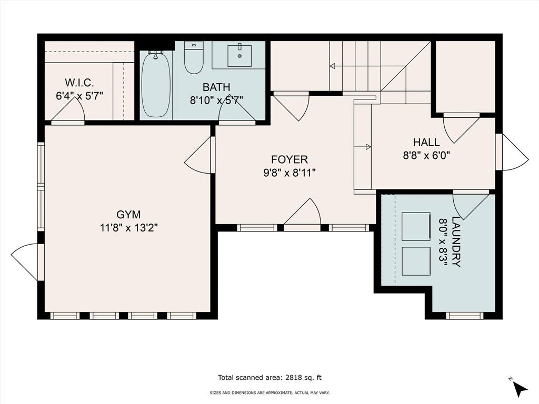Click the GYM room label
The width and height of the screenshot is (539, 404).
coord(128,215)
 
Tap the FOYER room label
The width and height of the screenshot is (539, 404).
coord(290,159)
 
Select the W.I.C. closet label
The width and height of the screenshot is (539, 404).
coord(79,83)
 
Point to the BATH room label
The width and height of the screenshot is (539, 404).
coord(216,87)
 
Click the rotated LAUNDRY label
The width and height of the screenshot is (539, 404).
coord(456,241)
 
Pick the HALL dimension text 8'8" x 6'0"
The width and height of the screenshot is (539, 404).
coord(426,156)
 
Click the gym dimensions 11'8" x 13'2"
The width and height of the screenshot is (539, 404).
coord(128,228)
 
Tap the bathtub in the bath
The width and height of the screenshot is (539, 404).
coord(156,84)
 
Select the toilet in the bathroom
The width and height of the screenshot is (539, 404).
coord(194,57)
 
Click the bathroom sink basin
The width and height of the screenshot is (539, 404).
coord(239,56)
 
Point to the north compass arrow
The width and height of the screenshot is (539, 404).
coord(520,388)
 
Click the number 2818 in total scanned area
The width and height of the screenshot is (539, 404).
coord(294,378)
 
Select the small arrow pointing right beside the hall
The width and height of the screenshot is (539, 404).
coord(362,147)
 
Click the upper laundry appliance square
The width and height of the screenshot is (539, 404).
coord(416,226)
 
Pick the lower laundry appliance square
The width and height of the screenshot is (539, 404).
coord(416,261)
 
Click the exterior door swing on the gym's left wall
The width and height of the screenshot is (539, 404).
coord(25,262)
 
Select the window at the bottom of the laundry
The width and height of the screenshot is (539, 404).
coord(465,316)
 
